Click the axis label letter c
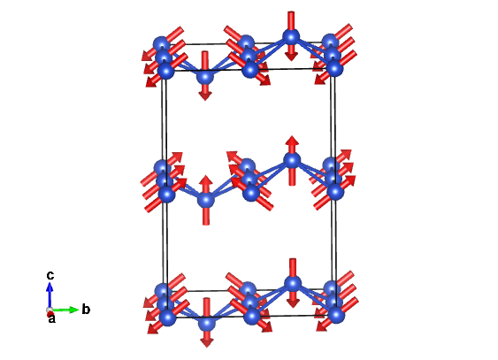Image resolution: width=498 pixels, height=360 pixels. point(50,275)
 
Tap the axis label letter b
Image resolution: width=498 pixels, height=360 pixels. point(86,309)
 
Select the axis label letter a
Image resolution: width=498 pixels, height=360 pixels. point(51,318)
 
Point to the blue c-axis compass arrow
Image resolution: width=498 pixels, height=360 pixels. point(50,295)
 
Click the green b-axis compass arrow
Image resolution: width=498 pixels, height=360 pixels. point(65,310)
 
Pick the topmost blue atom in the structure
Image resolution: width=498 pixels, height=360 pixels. point(291,36)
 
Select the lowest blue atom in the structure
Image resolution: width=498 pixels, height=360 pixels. point(207,324)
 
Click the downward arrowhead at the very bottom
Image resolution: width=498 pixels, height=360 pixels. point(207,342)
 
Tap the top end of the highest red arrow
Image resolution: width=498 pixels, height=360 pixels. point(291,11)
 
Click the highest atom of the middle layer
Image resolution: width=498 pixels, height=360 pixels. point(292,160)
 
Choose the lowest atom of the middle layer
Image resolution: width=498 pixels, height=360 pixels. point(206,200)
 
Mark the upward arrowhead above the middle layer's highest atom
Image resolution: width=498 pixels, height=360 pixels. point(292,141)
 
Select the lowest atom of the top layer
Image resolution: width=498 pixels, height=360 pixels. point(205,76)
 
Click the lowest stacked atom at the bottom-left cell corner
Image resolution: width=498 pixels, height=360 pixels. point(168,318)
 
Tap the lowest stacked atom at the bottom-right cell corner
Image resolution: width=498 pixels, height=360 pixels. point(336,315)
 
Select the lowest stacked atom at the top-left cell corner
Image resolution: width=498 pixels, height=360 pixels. point(165,70)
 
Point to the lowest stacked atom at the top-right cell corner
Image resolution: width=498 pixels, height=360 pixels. point(334,67)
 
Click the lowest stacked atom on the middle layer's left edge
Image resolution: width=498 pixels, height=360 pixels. point(166,194)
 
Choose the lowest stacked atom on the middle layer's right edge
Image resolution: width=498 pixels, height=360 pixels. point(335,191)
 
